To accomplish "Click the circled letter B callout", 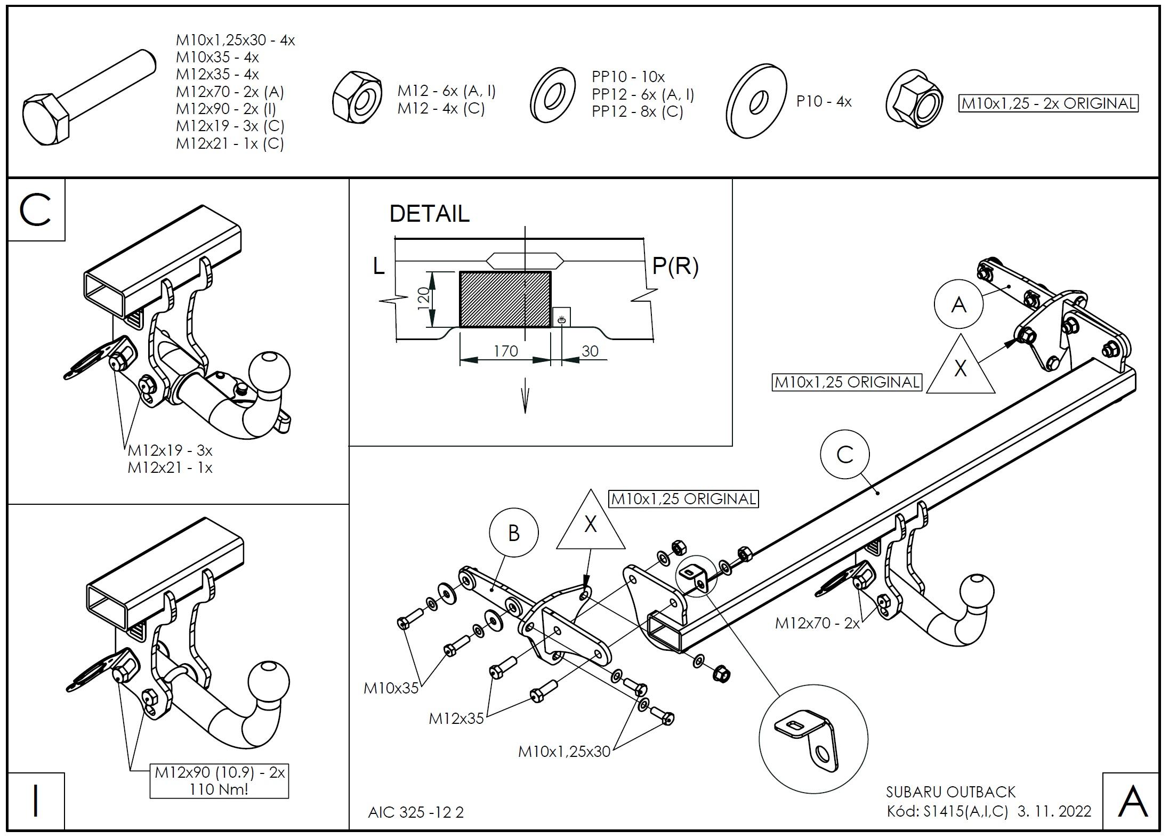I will point(513,533).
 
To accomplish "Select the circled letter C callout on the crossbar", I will point(845,455).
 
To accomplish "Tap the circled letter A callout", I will point(958,305).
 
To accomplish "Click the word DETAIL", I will point(429,214).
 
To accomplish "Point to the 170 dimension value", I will point(505,351).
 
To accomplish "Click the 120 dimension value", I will point(423,299).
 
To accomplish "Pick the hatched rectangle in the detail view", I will point(505,299).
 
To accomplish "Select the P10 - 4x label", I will point(824,101).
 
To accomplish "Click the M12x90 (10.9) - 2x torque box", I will point(219,781).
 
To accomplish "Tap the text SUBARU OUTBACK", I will point(950,792).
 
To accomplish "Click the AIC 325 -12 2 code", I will point(416,812).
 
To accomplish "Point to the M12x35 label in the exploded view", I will point(456,719).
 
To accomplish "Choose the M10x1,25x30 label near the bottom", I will point(564,752).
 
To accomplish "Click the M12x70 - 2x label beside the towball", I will point(817,623).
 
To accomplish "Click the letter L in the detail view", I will point(378,265).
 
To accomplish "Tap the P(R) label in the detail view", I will point(675,265).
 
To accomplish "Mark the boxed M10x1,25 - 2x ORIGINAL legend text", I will point(1048,103).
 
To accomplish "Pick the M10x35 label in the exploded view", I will point(391,688).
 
